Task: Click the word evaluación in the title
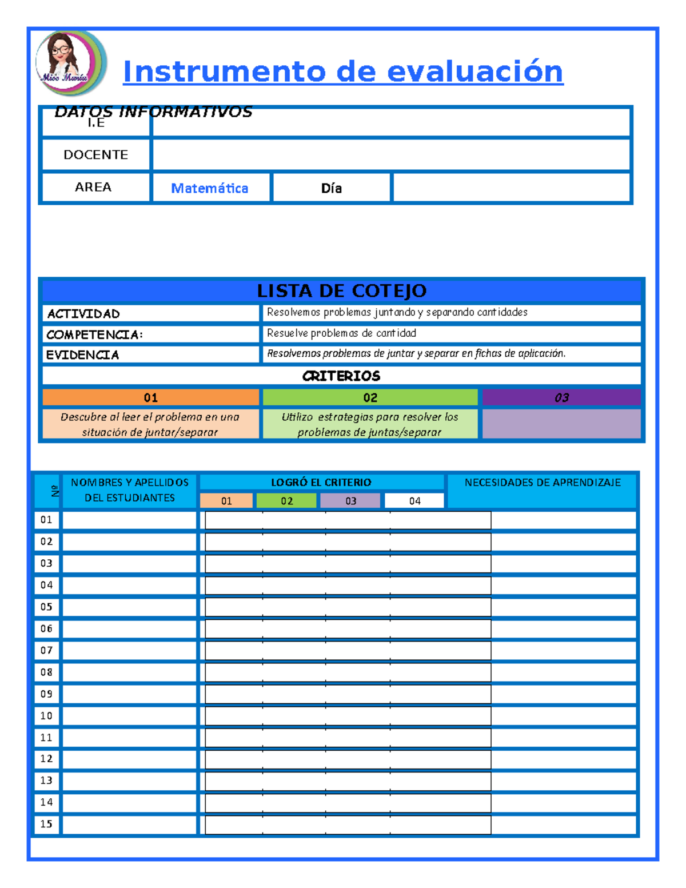[474, 72]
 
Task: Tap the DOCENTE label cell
[95, 155]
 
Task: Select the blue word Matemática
[210, 188]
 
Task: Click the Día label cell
[332, 188]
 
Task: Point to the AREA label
[93, 188]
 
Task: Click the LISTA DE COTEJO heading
[341, 291]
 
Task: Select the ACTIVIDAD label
[83, 313]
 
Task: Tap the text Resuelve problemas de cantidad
[341, 333]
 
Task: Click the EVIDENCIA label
[82, 355]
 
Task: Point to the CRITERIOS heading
[341, 376]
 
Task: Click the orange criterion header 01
[150, 397]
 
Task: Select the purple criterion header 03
[561, 397]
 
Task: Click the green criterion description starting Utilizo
[370, 424]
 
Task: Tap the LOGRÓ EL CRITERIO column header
[321, 482]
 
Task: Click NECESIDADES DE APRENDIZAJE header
[543, 483]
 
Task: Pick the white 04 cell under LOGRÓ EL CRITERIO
[414, 501]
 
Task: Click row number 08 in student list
[46, 672]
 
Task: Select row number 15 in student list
[46, 824]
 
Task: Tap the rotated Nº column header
[55, 491]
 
